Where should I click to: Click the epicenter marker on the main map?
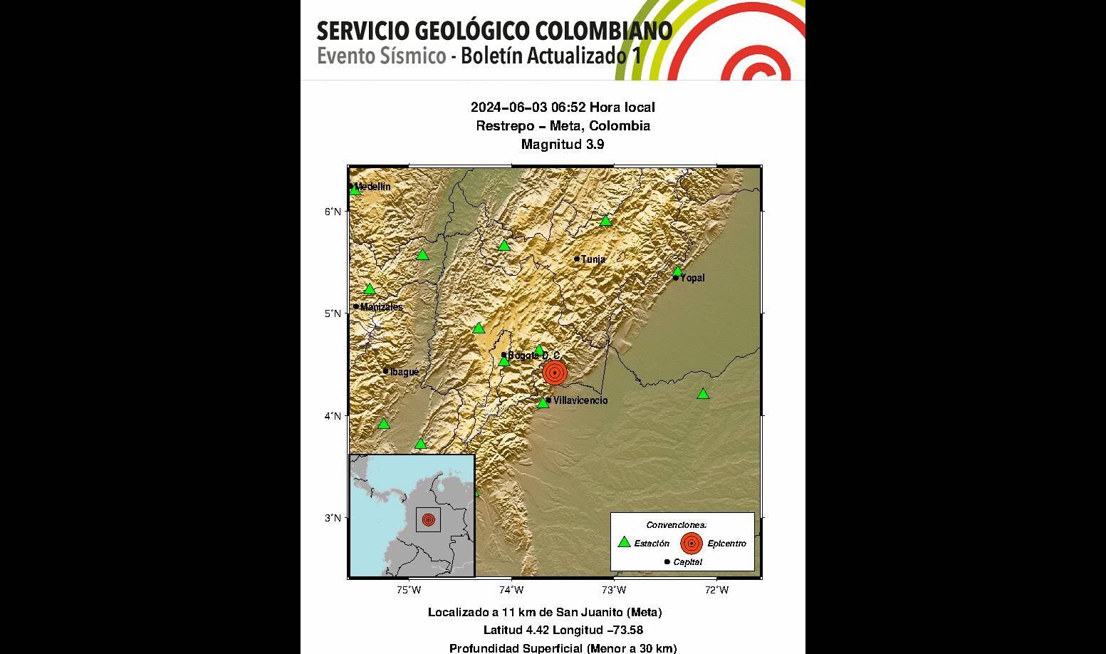[x=554, y=372]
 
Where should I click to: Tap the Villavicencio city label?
[x=580, y=400]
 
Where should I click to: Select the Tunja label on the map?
[x=593, y=259]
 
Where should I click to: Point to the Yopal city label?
[x=692, y=278]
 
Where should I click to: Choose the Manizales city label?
[x=381, y=307]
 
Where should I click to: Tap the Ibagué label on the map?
[x=405, y=371]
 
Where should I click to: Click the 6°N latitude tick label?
[x=333, y=211]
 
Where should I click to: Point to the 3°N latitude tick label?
[x=333, y=517]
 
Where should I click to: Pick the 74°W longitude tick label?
[x=511, y=590]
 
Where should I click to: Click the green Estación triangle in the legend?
[x=624, y=542]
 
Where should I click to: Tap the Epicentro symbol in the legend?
[x=691, y=543]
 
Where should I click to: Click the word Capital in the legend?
[x=687, y=562]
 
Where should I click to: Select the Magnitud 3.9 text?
[x=563, y=144]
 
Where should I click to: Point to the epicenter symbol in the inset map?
[x=428, y=519]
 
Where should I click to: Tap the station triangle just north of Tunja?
[x=605, y=220]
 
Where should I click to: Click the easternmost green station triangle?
[x=703, y=394]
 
